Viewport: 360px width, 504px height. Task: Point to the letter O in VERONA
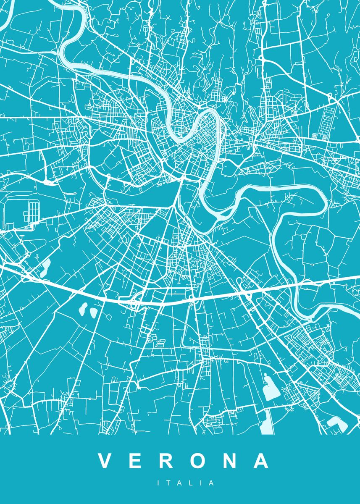click(x=198, y=461)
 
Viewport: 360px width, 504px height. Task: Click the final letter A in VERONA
click(x=261, y=461)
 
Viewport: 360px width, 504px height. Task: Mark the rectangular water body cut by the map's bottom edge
click(x=266, y=422)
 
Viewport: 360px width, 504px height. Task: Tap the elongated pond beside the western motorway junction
click(x=45, y=268)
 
